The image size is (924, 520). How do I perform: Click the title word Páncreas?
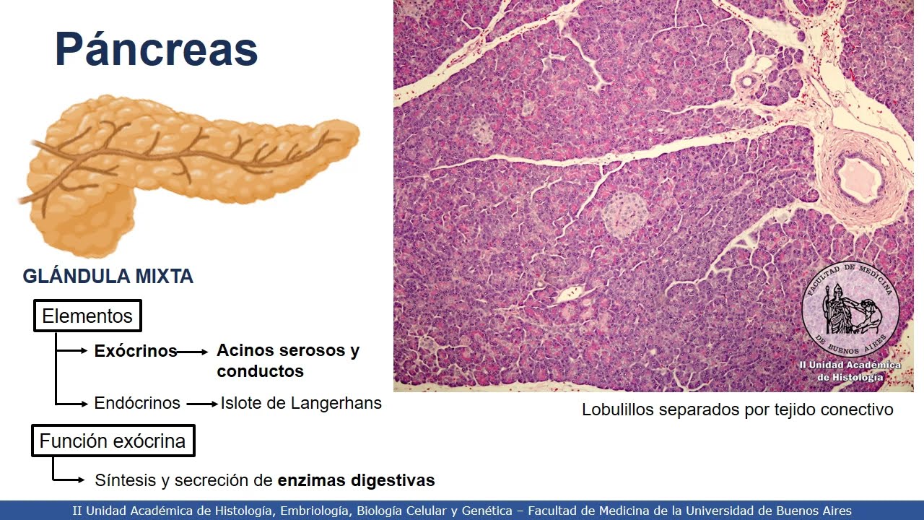tap(156, 50)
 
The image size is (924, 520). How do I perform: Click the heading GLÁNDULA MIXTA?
tap(108, 276)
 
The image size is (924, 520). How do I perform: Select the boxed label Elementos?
tap(87, 316)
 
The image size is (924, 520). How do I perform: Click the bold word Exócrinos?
tap(136, 351)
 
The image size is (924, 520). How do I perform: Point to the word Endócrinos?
tap(137, 403)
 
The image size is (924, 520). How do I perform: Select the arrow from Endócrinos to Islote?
tap(202, 404)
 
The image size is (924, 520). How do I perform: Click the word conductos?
tap(260, 371)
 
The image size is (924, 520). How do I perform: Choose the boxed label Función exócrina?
tap(113, 441)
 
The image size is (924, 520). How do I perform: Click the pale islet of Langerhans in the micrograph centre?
tap(625, 214)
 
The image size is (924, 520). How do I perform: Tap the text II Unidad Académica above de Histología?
tap(850, 365)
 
